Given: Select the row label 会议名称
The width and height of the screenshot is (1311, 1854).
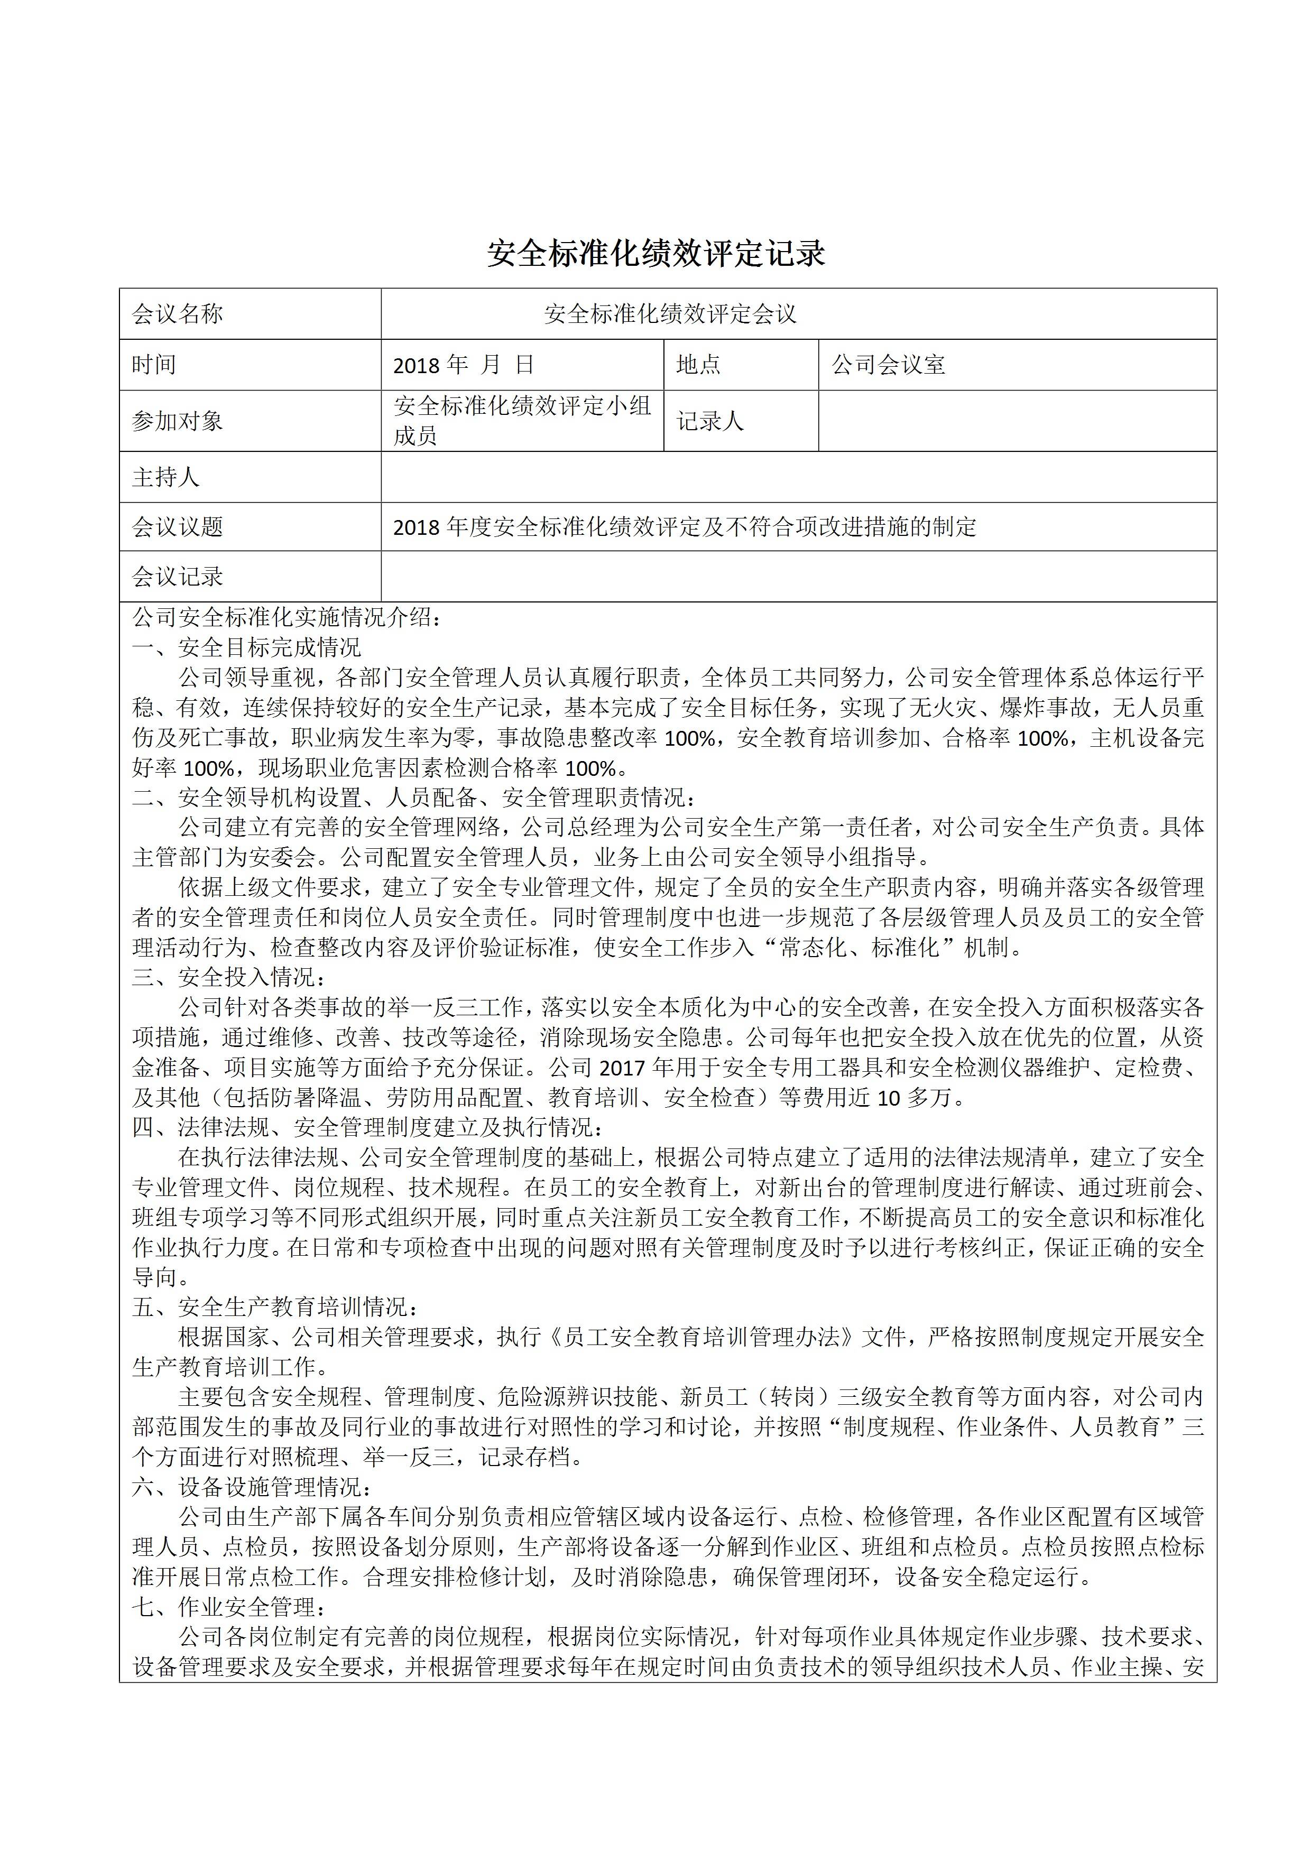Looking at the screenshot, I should pyautogui.click(x=178, y=314).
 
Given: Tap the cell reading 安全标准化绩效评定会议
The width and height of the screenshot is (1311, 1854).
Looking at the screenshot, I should pyautogui.click(x=670, y=314).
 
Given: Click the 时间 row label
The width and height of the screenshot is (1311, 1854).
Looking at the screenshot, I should pyautogui.click(x=154, y=365).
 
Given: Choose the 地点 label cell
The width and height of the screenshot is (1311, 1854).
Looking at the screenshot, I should pyautogui.click(x=699, y=365).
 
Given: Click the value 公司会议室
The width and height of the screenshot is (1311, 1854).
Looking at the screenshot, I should pyautogui.click(x=889, y=365).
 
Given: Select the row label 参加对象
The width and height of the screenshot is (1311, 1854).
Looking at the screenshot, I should pyautogui.click(x=178, y=421).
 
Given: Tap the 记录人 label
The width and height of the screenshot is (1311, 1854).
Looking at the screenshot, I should pyautogui.click(x=710, y=421).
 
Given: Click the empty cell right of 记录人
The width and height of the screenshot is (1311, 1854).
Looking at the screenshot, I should pyautogui.click(x=1017, y=421).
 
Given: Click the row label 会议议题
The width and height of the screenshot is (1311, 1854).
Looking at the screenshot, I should pyautogui.click(x=178, y=527).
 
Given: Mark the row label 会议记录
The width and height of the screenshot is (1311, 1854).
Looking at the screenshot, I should pyautogui.click(x=178, y=577).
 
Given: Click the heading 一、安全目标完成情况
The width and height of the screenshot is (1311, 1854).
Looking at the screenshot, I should pyautogui.click(x=247, y=647).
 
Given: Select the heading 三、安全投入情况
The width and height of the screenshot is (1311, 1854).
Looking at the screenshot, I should pyautogui.click(x=229, y=978).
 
